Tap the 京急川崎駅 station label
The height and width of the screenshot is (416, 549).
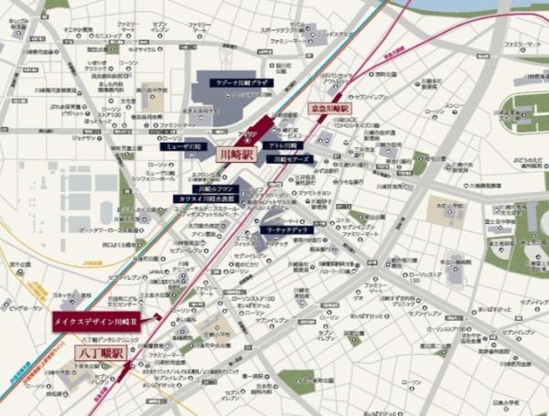point(329,108)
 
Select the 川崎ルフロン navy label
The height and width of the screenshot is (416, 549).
point(219,188)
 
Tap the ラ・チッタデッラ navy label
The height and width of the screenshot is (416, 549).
point(286,229)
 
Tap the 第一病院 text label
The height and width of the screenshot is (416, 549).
point(252,376)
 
